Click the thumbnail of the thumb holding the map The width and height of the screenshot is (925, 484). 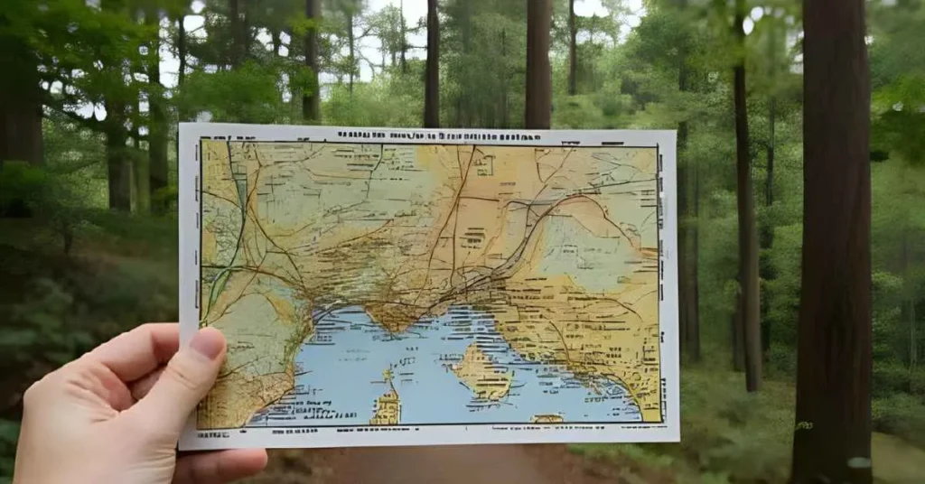coord(208,344)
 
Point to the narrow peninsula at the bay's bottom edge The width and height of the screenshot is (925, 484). coord(388,402)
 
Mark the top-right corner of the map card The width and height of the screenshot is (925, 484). coord(675,132)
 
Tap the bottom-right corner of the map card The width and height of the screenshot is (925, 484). coord(677,441)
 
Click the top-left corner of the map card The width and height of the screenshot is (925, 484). coord(181,125)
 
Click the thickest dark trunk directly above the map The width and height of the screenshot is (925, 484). coord(538,63)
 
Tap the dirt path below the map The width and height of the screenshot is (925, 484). coord(434,465)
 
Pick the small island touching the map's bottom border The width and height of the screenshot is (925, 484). coord(547,418)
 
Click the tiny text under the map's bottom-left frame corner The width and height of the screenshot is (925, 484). coord(212,433)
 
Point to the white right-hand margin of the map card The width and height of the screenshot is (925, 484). coord(668,289)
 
